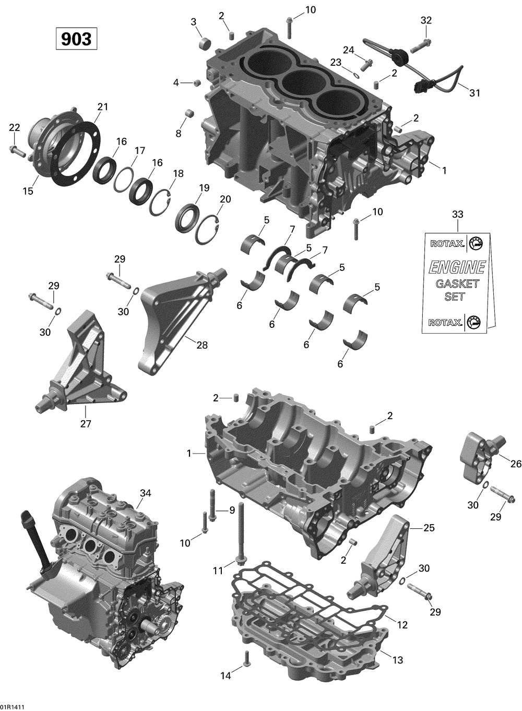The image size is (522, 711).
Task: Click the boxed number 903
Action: tap(76, 39)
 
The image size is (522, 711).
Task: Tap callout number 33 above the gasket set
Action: tap(457, 215)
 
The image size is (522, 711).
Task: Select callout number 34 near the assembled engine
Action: tap(146, 493)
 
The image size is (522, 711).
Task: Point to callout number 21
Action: tap(103, 107)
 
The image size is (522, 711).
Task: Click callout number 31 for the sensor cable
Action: tap(474, 93)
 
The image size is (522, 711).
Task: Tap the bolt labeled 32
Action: tap(421, 46)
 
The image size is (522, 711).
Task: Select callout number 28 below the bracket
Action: tap(202, 345)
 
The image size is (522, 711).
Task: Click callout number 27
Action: tap(86, 423)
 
